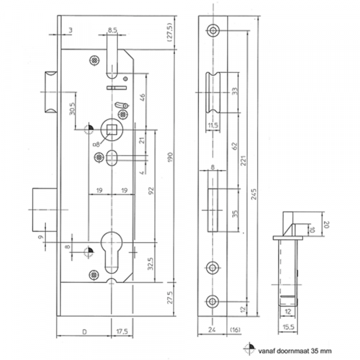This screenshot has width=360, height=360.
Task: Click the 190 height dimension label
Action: (170, 157)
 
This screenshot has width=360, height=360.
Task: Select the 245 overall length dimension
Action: (253, 194)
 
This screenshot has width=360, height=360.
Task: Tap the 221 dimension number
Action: (244, 160)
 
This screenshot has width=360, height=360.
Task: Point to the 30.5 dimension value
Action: (72, 109)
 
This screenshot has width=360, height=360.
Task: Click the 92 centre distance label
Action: (151, 191)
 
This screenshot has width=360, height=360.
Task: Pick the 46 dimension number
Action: (142, 98)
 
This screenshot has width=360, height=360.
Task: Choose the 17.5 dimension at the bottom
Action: (122, 332)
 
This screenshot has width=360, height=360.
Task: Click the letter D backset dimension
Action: (85, 332)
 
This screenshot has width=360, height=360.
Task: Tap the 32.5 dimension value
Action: (151, 263)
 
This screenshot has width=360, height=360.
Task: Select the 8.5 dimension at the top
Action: (112, 30)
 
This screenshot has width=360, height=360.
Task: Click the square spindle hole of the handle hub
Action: (112, 129)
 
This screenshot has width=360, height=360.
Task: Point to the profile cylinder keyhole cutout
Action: (112, 252)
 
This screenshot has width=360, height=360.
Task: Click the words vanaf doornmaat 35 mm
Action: (295, 351)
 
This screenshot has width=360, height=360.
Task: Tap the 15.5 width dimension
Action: (289, 327)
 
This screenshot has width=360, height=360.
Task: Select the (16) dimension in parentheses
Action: (235, 330)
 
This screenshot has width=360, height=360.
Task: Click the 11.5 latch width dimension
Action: (213, 125)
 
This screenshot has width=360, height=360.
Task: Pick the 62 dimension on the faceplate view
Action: (235, 146)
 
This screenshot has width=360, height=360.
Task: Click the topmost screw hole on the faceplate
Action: (213, 31)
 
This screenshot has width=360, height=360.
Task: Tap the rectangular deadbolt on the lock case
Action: (45, 209)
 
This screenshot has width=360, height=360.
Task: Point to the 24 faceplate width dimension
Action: (212, 329)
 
